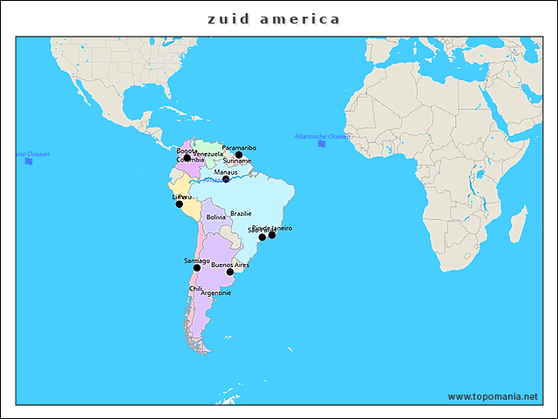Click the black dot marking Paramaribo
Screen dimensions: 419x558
point(239,155)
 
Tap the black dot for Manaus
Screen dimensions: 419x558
point(226,180)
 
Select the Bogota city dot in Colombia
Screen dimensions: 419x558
point(187,158)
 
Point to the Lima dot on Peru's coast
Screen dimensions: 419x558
point(180,204)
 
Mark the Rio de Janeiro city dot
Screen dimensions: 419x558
point(272,235)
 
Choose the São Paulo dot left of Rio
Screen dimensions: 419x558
point(262,237)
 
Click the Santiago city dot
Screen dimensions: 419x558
point(197,268)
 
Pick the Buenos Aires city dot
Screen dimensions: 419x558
point(230,272)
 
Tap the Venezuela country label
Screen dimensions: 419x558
point(208,155)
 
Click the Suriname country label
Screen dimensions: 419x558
point(237,161)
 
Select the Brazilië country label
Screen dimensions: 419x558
point(241,214)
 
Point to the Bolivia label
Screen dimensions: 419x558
point(215,217)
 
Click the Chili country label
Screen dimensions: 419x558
point(196,288)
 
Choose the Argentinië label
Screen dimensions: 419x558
point(216,293)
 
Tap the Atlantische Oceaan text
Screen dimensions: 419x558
point(322,136)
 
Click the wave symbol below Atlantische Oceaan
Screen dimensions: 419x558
point(322,144)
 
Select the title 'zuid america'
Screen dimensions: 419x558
point(274,18)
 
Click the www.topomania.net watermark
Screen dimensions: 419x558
point(493,396)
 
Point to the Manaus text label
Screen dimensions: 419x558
point(226,172)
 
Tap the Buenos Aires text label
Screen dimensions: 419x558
point(230,264)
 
